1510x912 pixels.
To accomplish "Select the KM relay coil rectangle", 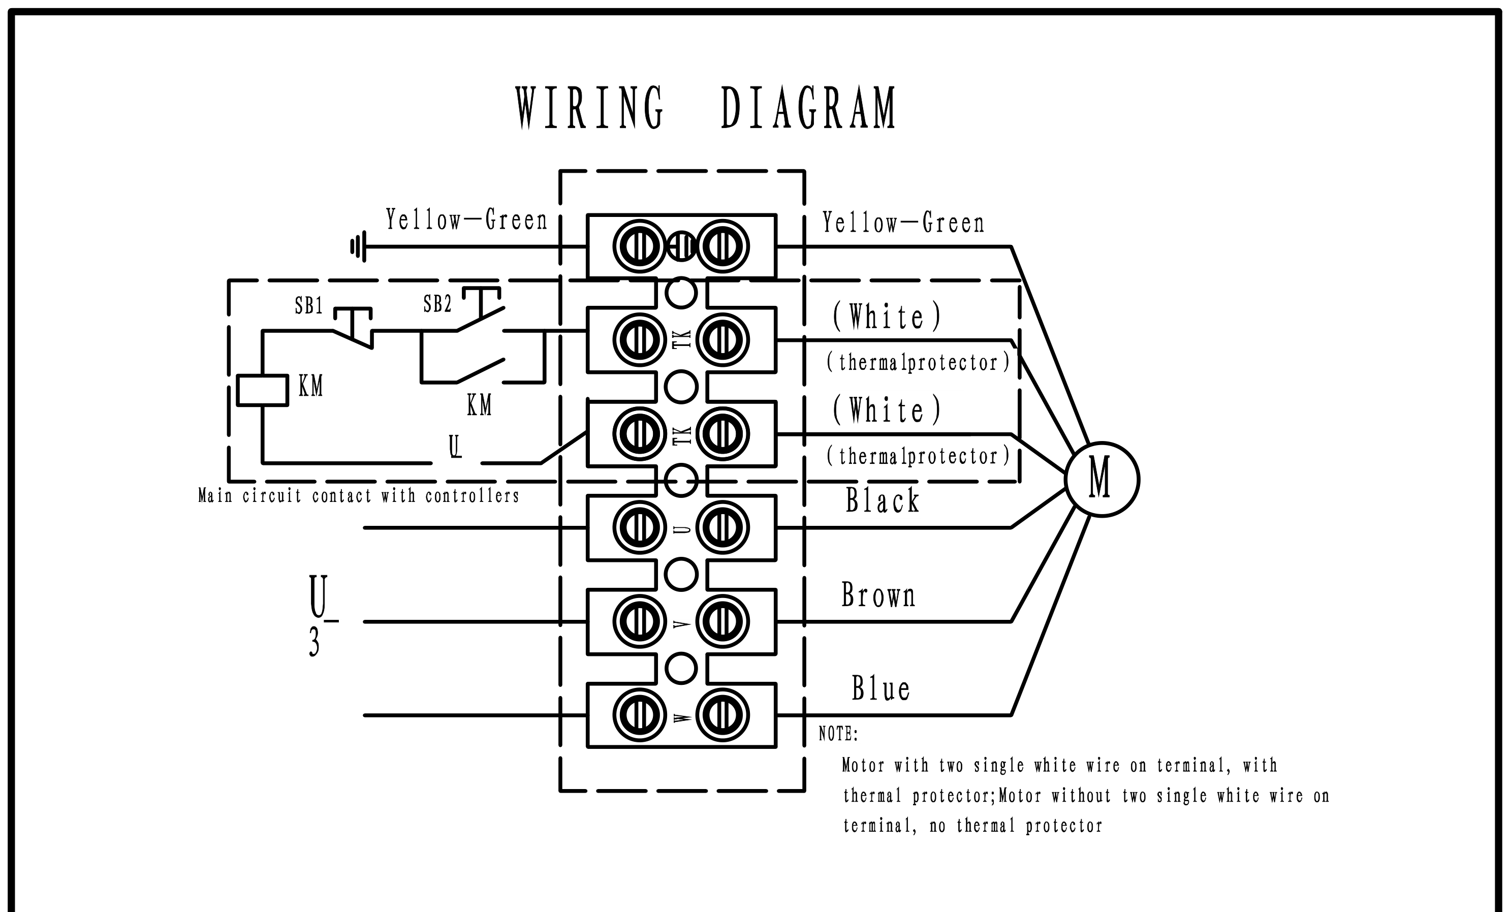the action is tap(262, 390).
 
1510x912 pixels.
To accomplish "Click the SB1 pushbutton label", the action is tap(308, 305).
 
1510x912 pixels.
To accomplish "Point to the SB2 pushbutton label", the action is tap(437, 303).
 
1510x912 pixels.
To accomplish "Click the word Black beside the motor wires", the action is tap(883, 500).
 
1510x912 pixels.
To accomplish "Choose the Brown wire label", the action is tap(878, 595).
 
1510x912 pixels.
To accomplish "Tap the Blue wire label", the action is tap(880, 688).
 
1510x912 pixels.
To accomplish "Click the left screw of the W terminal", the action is tap(639, 715).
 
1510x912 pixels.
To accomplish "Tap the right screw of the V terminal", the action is tap(722, 621).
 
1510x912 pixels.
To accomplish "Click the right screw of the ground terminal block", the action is tap(722, 247).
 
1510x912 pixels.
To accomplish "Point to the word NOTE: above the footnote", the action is tap(838, 734).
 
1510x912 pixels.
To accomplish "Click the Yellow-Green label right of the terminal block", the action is tap(903, 223).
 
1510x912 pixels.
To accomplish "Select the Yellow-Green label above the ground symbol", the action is tap(466, 219).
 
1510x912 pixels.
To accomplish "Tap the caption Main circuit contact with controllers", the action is tap(359, 495).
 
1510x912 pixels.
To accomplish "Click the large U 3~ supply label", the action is tap(321, 615).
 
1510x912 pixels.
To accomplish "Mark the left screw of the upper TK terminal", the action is tap(639, 340).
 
